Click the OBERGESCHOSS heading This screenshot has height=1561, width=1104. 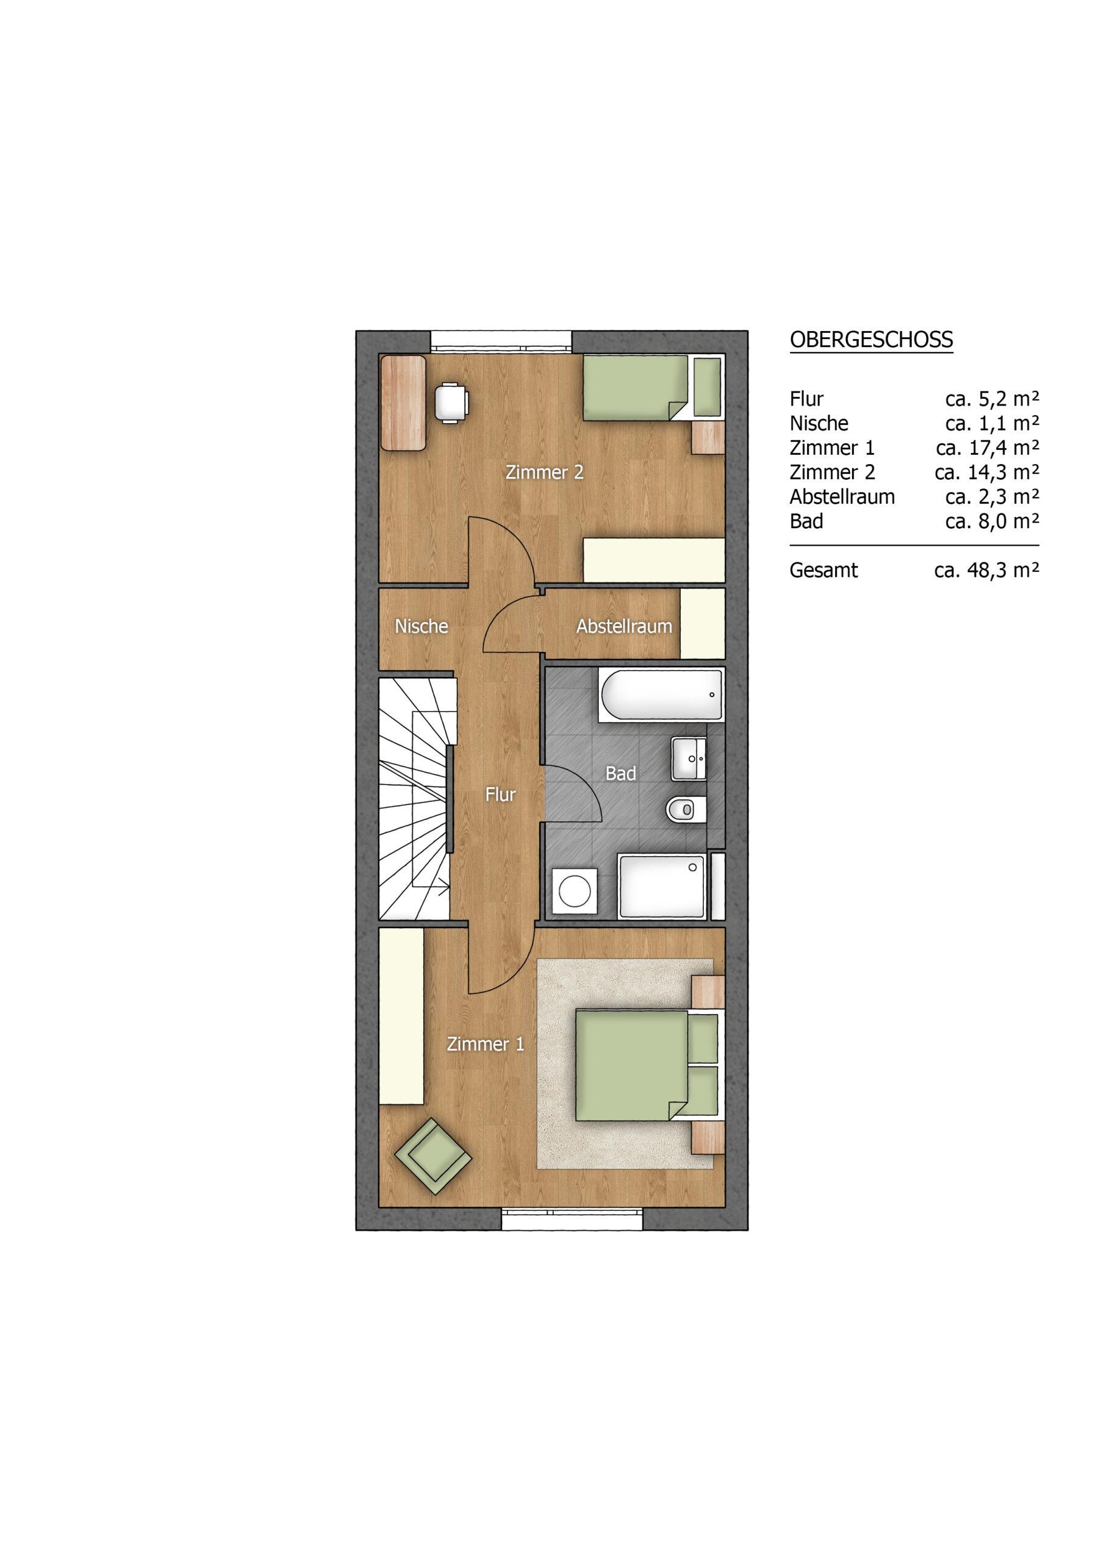[x=872, y=339]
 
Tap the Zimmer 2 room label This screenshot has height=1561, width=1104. [x=544, y=473]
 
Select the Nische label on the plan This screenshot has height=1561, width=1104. [x=421, y=626]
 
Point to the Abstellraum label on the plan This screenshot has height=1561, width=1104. [x=625, y=626]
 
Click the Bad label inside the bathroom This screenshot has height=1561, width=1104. [x=621, y=773]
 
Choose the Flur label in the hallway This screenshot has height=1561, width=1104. [x=501, y=794]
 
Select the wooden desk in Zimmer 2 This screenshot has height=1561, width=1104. [x=403, y=402]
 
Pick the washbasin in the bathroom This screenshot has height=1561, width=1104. [x=689, y=758]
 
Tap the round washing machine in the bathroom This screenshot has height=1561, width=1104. [x=575, y=890]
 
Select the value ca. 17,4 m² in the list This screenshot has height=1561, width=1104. [x=988, y=448]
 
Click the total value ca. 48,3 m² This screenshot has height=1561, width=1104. [x=987, y=570]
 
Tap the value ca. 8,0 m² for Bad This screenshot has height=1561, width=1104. [x=992, y=521]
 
